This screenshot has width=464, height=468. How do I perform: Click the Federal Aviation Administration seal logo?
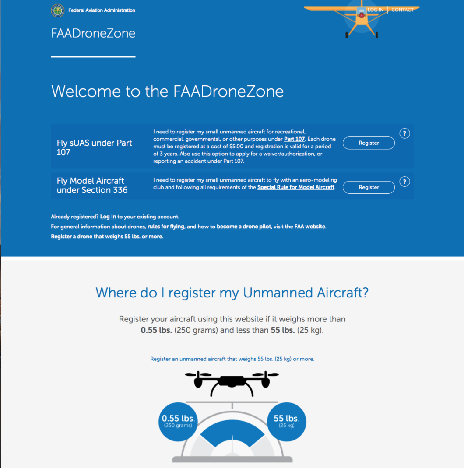pyautogui.click(x=57, y=10)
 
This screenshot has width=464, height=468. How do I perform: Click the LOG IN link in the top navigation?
pyautogui.click(x=376, y=10)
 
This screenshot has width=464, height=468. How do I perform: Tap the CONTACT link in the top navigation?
pyautogui.click(x=402, y=10)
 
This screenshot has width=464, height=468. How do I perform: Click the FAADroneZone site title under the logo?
pyautogui.click(x=93, y=34)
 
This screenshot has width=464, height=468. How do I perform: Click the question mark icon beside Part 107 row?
pyautogui.click(x=405, y=134)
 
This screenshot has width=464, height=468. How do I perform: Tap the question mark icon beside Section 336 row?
pyautogui.click(x=405, y=182)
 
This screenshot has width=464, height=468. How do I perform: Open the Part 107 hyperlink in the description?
pyautogui.click(x=294, y=139)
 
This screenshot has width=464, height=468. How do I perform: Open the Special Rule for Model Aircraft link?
pyautogui.click(x=296, y=187)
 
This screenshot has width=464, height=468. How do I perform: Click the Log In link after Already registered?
pyautogui.click(x=108, y=217)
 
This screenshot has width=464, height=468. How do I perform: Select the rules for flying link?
pyautogui.click(x=166, y=227)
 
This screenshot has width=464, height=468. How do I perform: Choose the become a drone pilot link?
pyautogui.click(x=244, y=227)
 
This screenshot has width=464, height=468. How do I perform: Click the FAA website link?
pyautogui.click(x=310, y=227)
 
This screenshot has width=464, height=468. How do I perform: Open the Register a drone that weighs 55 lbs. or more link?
pyautogui.click(x=107, y=237)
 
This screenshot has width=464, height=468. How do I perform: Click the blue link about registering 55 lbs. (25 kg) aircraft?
pyautogui.click(x=232, y=359)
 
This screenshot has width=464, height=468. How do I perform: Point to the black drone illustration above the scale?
pyautogui.click(x=232, y=382)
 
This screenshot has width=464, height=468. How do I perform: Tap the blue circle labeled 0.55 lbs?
pyautogui.click(x=178, y=421)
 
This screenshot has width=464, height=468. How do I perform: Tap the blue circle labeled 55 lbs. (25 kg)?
pyautogui.click(x=286, y=421)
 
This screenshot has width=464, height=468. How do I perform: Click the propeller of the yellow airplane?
pyautogui.click(x=362, y=15)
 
